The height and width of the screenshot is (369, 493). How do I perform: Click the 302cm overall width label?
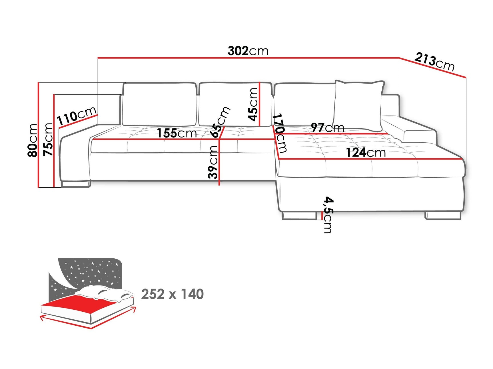(248, 51)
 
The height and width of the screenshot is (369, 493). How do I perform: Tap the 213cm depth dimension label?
(434, 62)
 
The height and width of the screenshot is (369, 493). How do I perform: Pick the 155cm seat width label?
(177, 133)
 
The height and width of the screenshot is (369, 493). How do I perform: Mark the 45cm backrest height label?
(253, 104)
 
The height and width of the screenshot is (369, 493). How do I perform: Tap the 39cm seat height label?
(213, 162)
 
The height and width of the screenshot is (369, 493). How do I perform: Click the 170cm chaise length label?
(280, 133)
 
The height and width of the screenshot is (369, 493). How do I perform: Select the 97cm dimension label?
(327, 127)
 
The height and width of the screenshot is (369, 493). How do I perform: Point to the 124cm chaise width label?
(366, 153)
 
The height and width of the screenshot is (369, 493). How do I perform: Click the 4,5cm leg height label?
(328, 214)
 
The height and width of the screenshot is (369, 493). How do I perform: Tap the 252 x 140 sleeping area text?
(172, 294)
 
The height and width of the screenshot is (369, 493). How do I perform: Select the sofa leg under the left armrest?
(76, 184)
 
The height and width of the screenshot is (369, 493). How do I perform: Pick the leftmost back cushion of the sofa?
(159, 104)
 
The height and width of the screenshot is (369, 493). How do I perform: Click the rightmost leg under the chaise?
(443, 216)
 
